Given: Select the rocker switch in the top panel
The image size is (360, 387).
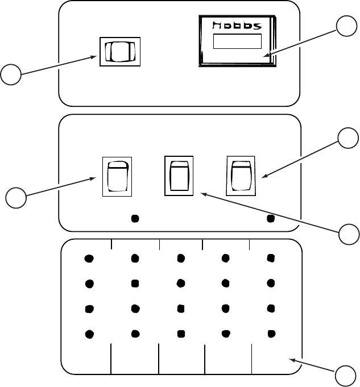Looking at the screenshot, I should tap(119, 52).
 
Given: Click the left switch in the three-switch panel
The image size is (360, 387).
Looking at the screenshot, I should tap(117, 177).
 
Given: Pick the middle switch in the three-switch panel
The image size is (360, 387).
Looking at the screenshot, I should tap(179, 175).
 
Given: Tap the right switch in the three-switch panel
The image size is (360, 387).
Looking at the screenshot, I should tap(241, 176).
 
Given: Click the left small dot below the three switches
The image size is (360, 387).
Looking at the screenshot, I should tap(135, 218).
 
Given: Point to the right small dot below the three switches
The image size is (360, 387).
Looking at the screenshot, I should tap(271, 218).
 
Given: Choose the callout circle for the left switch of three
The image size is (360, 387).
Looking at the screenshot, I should tap(16, 199).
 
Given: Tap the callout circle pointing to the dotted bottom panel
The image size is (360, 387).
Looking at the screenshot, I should tap(346, 376).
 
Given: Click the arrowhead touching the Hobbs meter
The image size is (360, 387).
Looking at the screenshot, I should tap(266, 56).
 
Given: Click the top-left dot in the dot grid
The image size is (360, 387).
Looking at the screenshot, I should tap(89, 259).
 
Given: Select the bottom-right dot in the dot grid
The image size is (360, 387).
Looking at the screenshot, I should tap(271, 332).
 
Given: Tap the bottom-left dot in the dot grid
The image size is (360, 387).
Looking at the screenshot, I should tap(89, 333).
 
